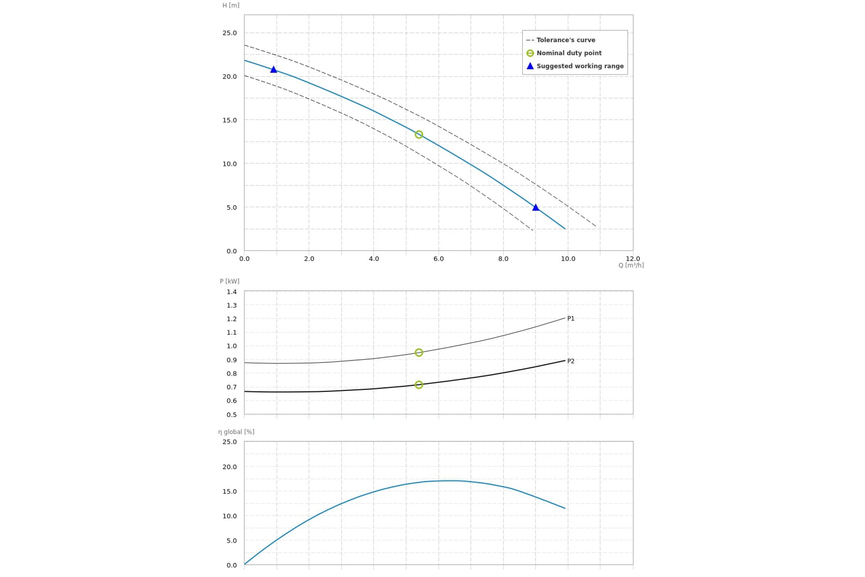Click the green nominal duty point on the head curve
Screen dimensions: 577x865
(418, 135)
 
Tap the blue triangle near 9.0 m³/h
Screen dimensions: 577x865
(536, 208)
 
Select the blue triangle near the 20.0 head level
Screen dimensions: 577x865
(273, 70)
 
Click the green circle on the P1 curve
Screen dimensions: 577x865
(418, 353)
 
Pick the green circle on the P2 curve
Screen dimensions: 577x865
(418, 385)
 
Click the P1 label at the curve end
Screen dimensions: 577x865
(571, 319)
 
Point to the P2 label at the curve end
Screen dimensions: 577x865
(571, 361)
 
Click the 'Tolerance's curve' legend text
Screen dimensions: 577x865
(565, 40)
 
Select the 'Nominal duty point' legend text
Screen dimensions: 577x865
(569, 53)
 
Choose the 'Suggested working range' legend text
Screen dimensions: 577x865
(580, 66)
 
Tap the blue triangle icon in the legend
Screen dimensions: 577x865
(530, 66)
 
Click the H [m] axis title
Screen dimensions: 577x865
(231, 5)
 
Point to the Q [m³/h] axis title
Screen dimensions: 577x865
(631, 265)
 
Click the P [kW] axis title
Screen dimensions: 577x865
(230, 282)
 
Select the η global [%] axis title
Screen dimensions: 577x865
(236, 432)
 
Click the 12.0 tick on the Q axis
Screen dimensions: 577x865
(633, 259)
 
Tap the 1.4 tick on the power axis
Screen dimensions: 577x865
(232, 292)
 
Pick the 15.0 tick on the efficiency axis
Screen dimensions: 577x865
(230, 492)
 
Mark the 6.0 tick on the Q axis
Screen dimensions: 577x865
(438, 259)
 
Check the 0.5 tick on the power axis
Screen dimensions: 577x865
(232, 415)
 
